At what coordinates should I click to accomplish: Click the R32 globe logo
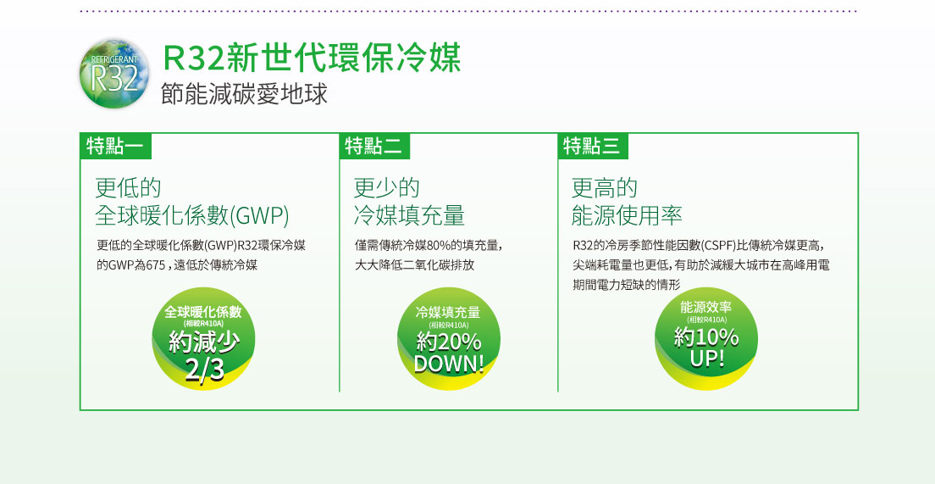point(114,73)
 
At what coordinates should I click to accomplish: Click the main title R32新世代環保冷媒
point(312,58)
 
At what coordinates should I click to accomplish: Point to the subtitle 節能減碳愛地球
point(245,95)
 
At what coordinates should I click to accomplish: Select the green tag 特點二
point(374,146)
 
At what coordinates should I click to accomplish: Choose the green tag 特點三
point(593,146)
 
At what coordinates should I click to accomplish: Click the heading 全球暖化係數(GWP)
point(192,215)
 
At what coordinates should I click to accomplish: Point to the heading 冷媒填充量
point(409,215)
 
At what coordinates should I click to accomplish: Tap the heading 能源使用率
point(627,215)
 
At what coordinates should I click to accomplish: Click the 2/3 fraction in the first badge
point(204,370)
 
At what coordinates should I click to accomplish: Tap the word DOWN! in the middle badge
point(448,364)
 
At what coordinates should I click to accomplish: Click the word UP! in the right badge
point(707,359)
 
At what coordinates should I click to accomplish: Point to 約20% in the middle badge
point(449,342)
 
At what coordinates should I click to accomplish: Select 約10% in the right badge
point(706,338)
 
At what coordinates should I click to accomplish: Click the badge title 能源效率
point(706,308)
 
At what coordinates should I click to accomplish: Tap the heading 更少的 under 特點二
point(386,188)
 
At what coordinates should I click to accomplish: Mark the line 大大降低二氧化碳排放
point(414,265)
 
